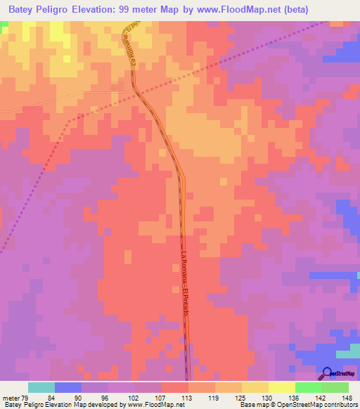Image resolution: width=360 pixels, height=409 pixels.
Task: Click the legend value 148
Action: (347, 397)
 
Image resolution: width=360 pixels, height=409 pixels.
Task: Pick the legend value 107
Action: (161, 397)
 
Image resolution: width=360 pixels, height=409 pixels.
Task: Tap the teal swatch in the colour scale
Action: (41, 387)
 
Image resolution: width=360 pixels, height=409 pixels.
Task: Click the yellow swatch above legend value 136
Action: (281, 387)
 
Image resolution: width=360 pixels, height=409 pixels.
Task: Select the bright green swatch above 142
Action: (308, 387)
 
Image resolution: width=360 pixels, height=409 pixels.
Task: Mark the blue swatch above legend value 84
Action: (68, 387)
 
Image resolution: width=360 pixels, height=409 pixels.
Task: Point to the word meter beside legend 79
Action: (11, 397)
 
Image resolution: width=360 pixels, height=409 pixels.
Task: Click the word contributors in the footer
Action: (336, 405)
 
